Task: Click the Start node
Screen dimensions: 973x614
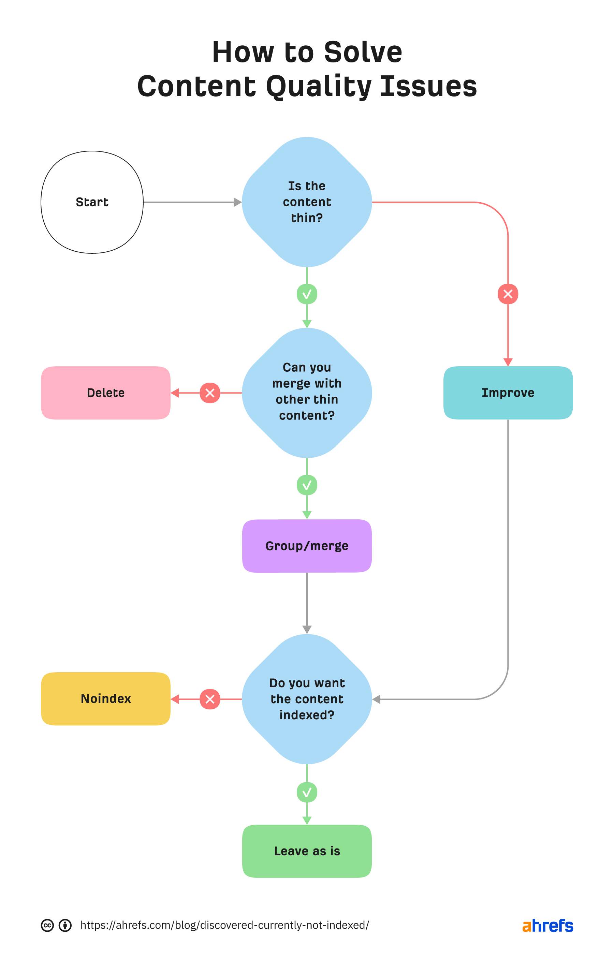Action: click(x=92, y=202)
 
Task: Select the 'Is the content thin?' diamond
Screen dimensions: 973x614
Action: click(x=307, y=202)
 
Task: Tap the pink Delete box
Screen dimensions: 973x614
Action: click(x=105, y=393)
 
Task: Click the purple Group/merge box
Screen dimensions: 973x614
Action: click(x=307, y=546)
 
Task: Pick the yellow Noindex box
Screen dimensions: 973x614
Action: click(x=105, y=699)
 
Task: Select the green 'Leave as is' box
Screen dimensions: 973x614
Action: click(x=307, y=851)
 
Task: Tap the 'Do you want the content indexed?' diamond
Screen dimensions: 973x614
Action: click(x=307, y=699)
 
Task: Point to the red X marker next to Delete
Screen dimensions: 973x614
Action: click(x=210, y=393)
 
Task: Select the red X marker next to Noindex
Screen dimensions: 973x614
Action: click(x=210, y=699)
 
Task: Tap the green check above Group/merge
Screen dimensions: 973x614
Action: click(x=307, y=485)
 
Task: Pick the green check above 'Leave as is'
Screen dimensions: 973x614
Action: click(x=307, y=792)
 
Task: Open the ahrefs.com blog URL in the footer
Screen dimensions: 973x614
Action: click(x=224, y=925)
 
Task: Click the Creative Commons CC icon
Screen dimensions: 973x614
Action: click(x=47, y=925)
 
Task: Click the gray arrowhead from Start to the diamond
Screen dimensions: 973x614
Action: click(x=238, y=202)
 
